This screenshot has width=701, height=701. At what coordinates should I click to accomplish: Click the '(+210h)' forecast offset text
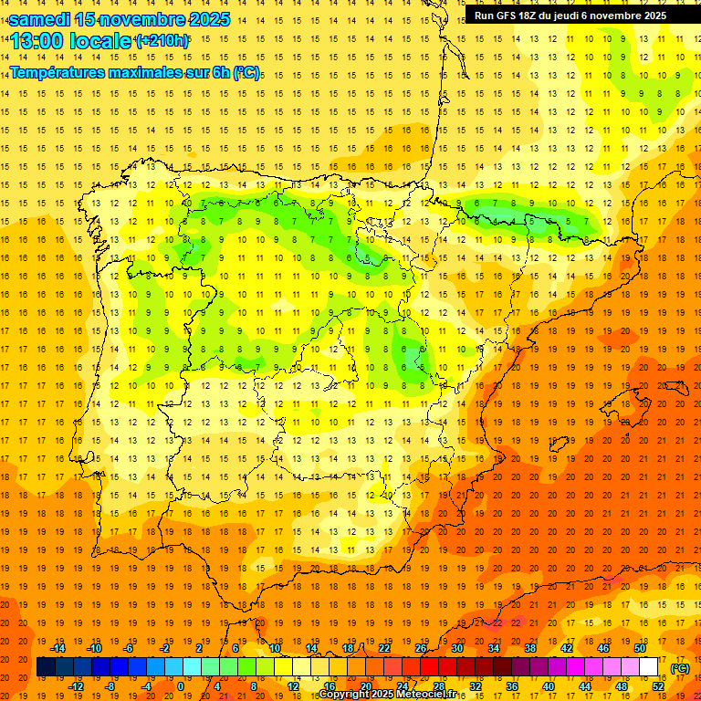pyautogui.click(x=162, y=40)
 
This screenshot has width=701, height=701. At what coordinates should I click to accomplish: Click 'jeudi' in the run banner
pyautogui.click(x=571, y=16)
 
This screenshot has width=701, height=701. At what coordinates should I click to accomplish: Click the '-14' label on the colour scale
pyautogui.click(x=58, y=648)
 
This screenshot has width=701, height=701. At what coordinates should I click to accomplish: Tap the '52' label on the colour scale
pyautogui.click(x=658, y=686)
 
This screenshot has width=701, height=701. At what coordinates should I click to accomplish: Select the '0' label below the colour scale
pyautogui.click(x=180, y=686)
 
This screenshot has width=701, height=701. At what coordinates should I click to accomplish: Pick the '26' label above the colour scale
pyautogui.click(x=421, y=648)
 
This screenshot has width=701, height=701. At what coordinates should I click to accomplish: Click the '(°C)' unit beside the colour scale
pyautogui.click(x=680, y=668)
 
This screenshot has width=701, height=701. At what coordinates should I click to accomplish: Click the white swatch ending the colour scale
pyautogui.click(x=648, y=667)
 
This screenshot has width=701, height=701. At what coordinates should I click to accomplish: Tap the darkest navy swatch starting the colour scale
pyautogui.click(x=46, y=667)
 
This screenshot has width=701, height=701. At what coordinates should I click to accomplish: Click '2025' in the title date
pyautogui.click(x=199, y=19)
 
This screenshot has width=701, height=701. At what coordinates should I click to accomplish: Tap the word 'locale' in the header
pyautogui.click(x=100, y=41)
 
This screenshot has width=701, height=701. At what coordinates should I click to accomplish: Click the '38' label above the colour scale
pyautogui.click(x=529, y=648)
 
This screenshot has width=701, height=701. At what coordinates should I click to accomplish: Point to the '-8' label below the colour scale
pyautogui.click(x=110, y=686)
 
